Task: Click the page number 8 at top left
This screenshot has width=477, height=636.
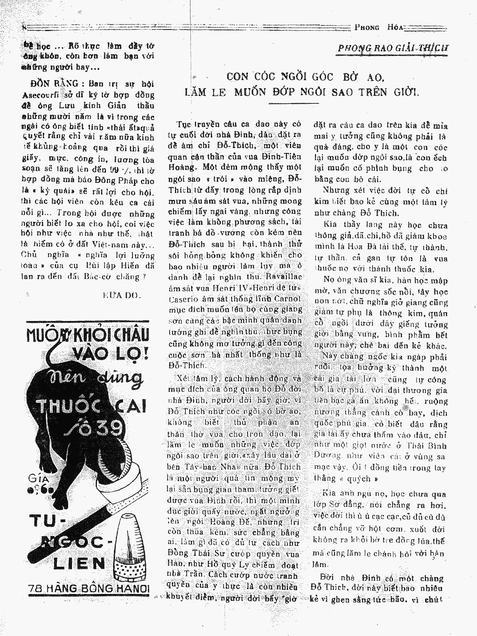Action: pos(24,28)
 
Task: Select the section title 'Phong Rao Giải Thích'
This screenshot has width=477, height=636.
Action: pos(393,48)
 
